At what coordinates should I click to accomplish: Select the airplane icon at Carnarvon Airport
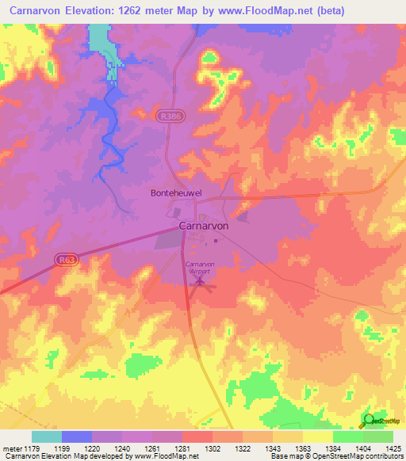pos(201,280)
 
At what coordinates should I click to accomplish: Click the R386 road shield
pos(167,115)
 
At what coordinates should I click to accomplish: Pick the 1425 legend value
pos(392,448)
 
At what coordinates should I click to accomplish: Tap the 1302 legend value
pos(213,448)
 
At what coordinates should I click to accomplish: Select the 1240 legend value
pos(122,448)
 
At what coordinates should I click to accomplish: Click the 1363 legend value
pos(303,448)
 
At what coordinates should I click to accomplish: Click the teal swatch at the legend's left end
pos(47,436)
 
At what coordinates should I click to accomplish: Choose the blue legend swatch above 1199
pos(77,436)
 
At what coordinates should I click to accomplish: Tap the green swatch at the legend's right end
pos(377,436)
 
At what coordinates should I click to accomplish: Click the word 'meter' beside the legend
pos(13,448)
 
